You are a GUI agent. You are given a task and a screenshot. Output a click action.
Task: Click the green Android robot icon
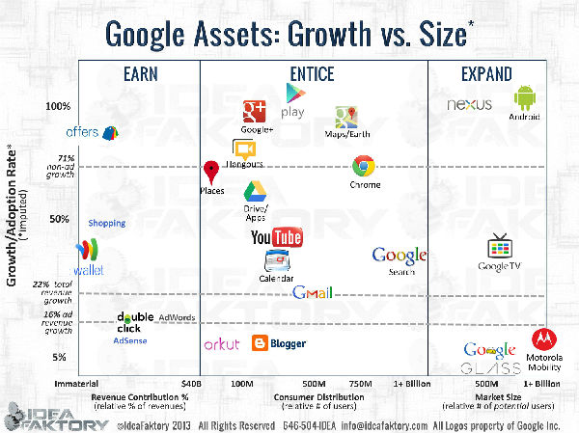click(525, 98)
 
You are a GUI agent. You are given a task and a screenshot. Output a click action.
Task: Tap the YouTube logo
click(277, 237)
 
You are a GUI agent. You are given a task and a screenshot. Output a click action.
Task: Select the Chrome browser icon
click(365, 166)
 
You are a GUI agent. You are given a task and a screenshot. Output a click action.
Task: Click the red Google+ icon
click(255, 112)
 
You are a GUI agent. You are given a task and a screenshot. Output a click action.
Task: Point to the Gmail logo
click(313, 292)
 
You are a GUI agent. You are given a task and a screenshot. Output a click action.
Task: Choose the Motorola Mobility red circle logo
click(543, 341)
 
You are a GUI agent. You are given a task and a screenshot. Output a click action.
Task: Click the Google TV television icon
click(500, 245)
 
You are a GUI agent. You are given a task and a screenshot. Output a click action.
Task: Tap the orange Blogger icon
click(261, 343)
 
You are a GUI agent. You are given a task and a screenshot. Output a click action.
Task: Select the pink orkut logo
click(221, 343)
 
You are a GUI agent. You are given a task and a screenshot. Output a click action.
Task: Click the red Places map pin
click(211, 174)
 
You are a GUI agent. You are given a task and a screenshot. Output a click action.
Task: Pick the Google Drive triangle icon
click(255, 191)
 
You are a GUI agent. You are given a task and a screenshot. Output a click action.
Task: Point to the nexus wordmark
click(470, 104)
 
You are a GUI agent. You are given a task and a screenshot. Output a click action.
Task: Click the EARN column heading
click(141, 72)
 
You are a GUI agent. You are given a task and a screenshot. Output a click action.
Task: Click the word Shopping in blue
click(107, 223)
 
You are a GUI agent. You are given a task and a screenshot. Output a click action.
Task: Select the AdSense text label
click(130, 340)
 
